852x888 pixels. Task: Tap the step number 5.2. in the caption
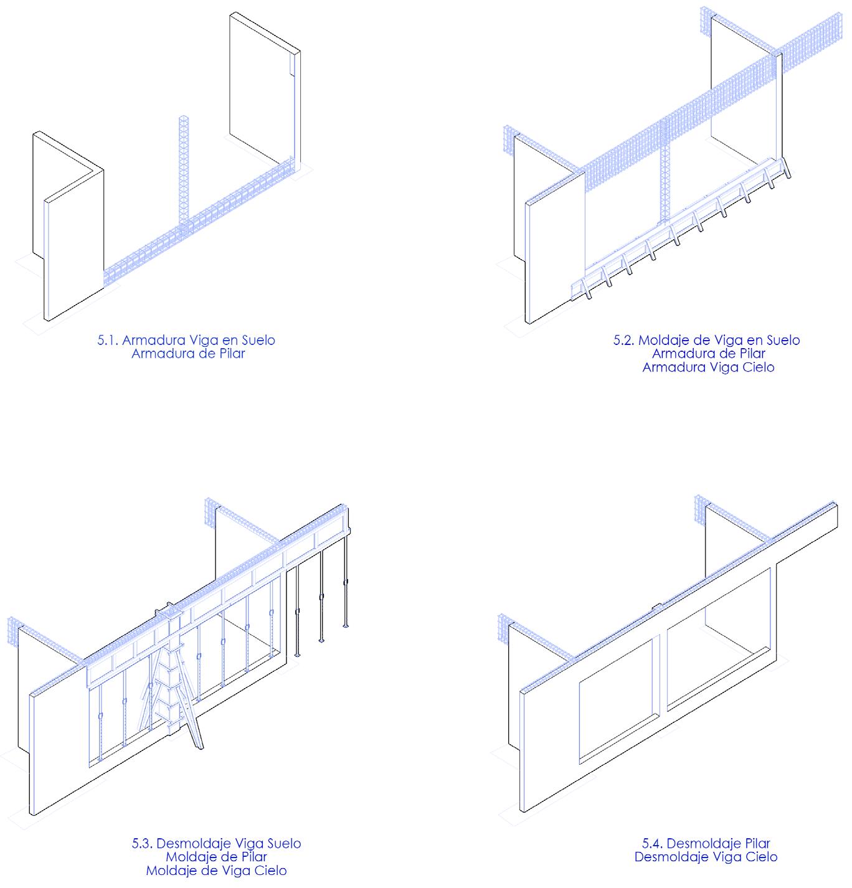tap(624, 341)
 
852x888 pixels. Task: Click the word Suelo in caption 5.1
tap(255, 341)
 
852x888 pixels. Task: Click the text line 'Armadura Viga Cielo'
tap(708, 367)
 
